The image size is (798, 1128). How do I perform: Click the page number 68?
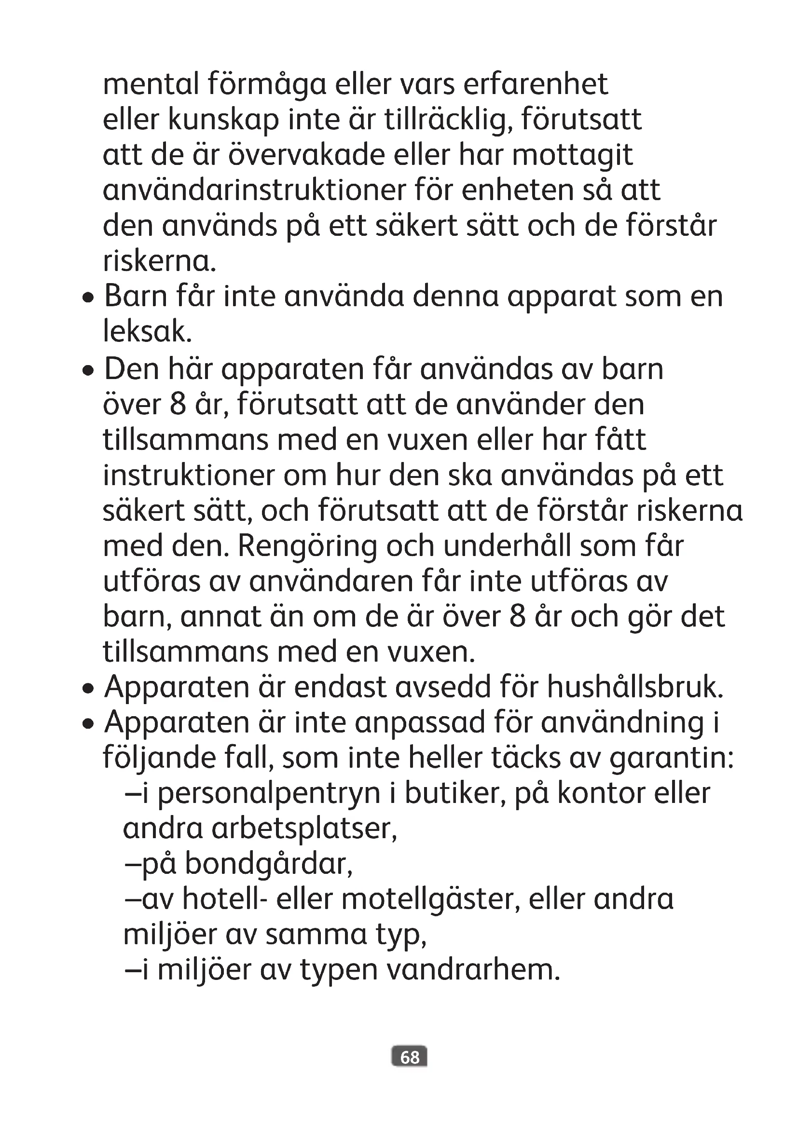[x=409, y=1057]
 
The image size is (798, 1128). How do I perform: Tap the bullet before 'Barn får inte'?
[x=88, y=299]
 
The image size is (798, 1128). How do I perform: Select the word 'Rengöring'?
[x=307, y=546]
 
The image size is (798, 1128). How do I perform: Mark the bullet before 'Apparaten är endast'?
[x=88, y=689]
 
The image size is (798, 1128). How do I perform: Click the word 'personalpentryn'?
[x=269, y=794]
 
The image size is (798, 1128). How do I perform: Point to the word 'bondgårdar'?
[x=268, y=865]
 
